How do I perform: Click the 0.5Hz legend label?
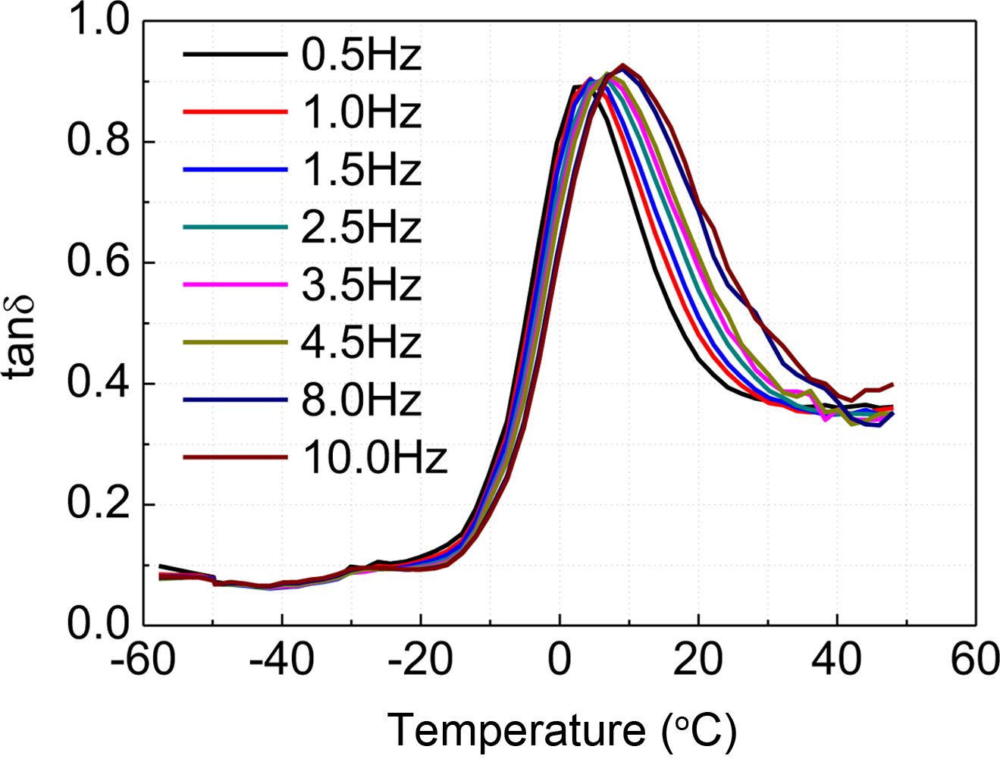click(x=361, y=55)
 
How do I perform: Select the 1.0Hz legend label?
click(x=361, y=113)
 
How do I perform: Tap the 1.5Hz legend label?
click(x=361, y=171)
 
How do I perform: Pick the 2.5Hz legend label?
click(x=361, y=228)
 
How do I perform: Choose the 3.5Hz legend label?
click(x=361, y=286)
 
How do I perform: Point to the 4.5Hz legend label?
click(x=361, y=343)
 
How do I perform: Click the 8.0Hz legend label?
click(x=361, y=401)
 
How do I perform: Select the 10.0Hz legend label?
click(x=375, y=459)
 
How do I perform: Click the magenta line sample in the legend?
click(x=235, y=285)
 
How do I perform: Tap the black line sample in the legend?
click(x=235, y=55)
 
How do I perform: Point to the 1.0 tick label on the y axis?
click(x=99, y=21)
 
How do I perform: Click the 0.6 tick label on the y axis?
click(x=99, y=262)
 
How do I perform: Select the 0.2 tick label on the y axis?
click(x=99, y=504)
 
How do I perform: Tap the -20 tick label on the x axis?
click(x=421, y=660)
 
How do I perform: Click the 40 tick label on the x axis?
click(x=837, y=660)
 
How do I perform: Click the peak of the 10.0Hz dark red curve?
click(x=623, y=65)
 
